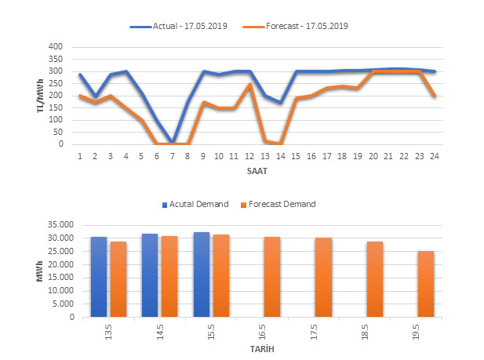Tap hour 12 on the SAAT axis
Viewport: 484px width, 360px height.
tap(249, 155)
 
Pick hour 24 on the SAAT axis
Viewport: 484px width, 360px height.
tap(434, 155)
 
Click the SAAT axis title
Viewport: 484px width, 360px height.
tap(256, 169)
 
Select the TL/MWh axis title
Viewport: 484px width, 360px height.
tap(41, 95)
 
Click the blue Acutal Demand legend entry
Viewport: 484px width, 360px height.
tap(195, 204)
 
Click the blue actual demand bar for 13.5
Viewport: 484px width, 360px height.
tap(99, 277)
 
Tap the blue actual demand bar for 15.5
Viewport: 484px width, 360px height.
tap(202, 275)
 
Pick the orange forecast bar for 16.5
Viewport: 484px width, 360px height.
tap(272, 277)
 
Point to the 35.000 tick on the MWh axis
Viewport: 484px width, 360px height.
tap(59, 224)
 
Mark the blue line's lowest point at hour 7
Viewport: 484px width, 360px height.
tap(173, 142)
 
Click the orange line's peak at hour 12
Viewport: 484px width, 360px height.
tap(249, 84)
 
